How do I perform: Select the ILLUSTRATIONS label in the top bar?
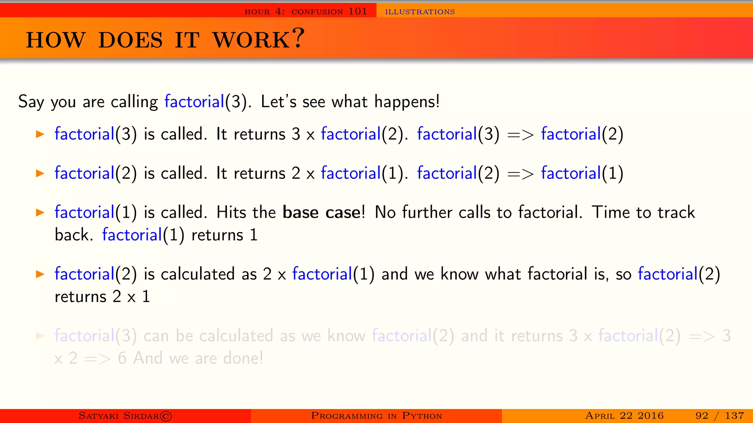(x=420, y=12)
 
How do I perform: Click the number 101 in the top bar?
(x=358, y=11)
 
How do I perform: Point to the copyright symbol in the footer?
(x=166, y=416)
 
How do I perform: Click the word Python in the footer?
(x=422, y=416)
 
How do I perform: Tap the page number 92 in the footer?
(x=702, y=416)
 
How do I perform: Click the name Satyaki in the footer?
(x=99, y=416)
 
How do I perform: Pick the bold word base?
(x=300, y=213)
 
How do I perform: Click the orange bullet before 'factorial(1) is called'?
(x=40, y=212)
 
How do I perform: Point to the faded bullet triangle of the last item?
(x=40, y=336)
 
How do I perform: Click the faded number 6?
(x=122, y=358)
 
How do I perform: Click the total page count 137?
(x=734, y=416)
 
